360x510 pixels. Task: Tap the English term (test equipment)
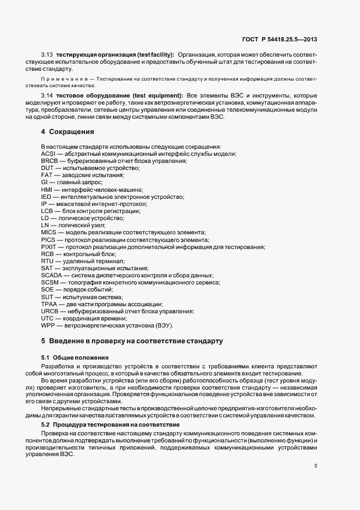tap(157, 96)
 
